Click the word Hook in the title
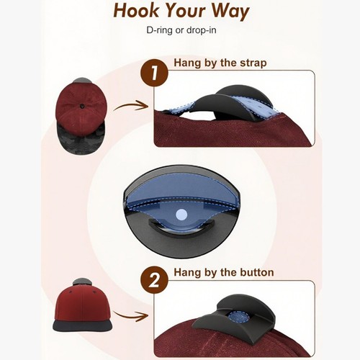click(x=136, y=11)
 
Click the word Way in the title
click(x=230, y=12)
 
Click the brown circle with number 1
click(x=155, y=73)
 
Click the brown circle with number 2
click(x=155, y=280)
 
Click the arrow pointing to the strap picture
click(x=131, y=106)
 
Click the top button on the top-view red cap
click(x=82, y=105)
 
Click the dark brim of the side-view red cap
click(x=83, y=325)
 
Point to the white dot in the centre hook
click(x=181, y=215)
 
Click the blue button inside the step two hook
click(x=238, y=318)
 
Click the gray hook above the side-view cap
click(x=82, y=282)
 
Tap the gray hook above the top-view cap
click(x=82, y=81)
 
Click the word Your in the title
click(x=185, y=11)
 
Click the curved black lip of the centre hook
click(x=181, y=230)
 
